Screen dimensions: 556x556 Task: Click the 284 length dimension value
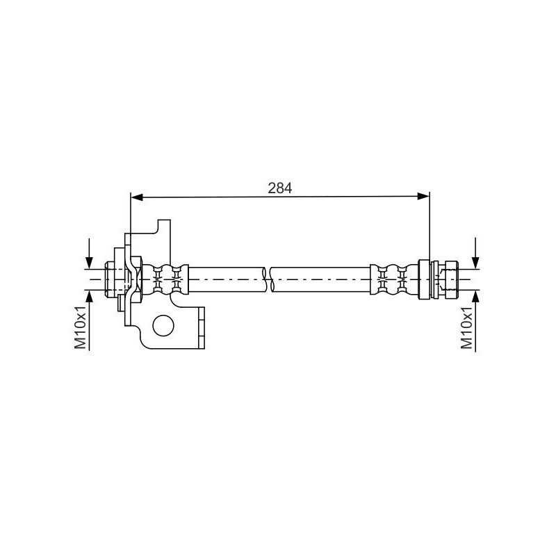(x=280, y=188)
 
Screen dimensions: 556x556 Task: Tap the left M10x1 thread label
(x=81, y=327)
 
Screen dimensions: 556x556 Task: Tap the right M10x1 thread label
(x=466, y=327)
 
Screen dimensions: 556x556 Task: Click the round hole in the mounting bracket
(x=163, y=325)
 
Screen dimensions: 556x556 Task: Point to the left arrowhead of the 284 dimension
(x=137, y=197)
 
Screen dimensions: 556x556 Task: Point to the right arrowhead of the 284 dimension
(x=423, y=197)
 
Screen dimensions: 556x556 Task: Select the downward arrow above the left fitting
(x=89, y=254)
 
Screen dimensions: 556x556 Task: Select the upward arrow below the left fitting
(x=89, y=320)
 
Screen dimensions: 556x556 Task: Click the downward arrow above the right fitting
(x=476, y=253)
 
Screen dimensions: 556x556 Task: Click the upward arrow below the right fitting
(x=476, y=321)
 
